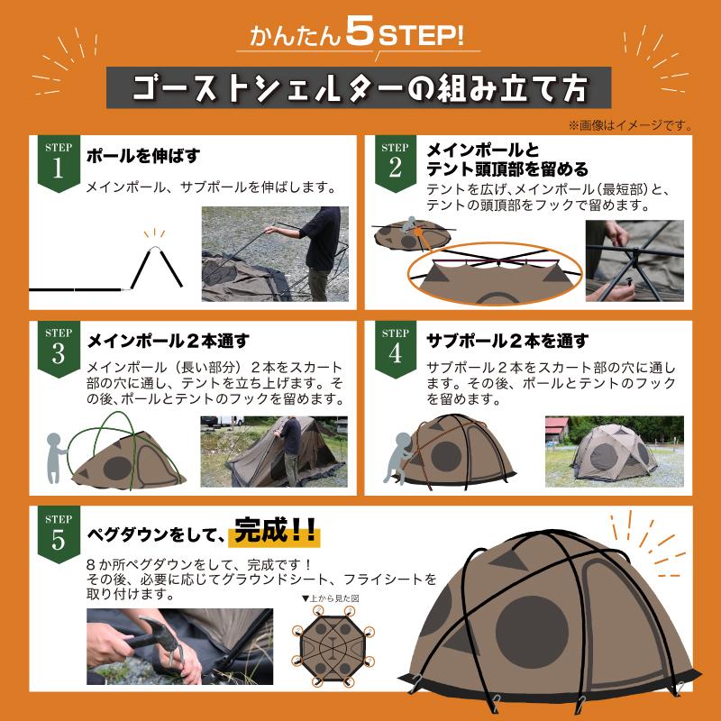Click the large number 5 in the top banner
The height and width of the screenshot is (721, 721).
tap(359, 36)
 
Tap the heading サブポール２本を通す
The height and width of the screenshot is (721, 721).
tap(507, 341)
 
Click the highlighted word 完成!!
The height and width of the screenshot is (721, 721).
tap(274, 532)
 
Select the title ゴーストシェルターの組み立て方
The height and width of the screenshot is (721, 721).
tap(360, 88)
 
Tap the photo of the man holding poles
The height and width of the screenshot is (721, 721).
tap(274, 254)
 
